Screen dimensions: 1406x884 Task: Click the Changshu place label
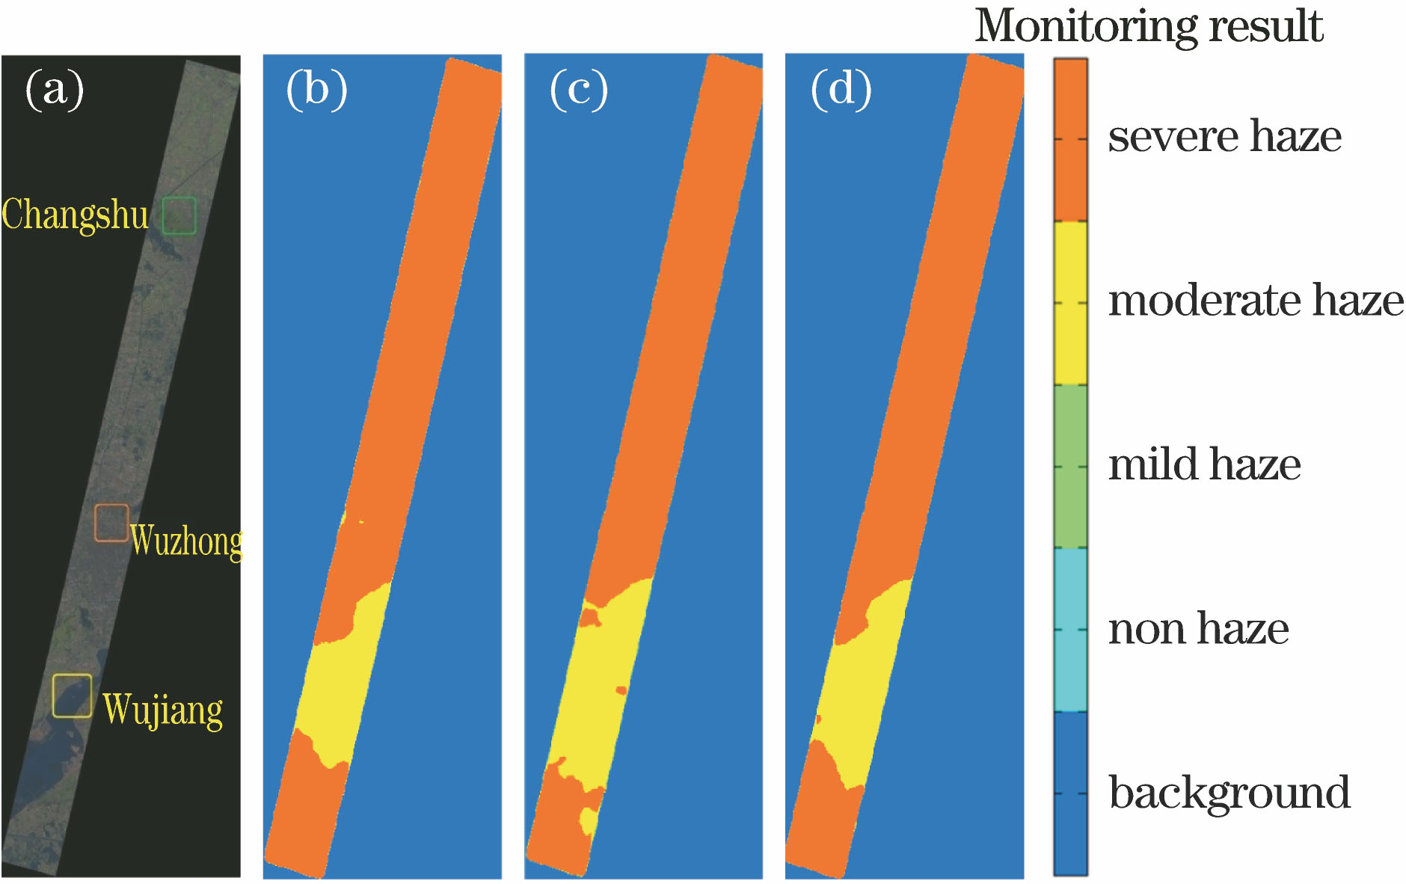click(76, 215)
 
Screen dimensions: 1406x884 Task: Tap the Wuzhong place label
click(186, 541)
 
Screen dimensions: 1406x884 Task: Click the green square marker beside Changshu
click(179, 215)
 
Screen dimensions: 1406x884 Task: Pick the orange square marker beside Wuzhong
click(111, 523)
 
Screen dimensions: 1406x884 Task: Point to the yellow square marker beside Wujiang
click(73, 696)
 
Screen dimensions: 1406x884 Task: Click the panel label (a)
click(55, 90)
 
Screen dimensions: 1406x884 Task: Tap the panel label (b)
click(317, 90)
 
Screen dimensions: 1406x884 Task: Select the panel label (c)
click(579, 90)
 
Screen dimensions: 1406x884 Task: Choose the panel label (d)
click(841, 90)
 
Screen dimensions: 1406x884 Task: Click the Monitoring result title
click(1149, 26)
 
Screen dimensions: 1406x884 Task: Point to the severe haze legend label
click(1225, 136)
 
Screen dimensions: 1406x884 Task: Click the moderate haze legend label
click(1256, 301)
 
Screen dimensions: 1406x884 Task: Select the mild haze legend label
click(1205, 464)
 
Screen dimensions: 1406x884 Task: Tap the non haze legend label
click(1199, 628)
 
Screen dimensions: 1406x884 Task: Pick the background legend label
click(1230, 793)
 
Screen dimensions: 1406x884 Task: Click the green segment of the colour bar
click(1070, 467)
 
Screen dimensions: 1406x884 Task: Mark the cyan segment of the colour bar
click(1070, 630)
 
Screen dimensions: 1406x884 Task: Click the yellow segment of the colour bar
click(1070, 303)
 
